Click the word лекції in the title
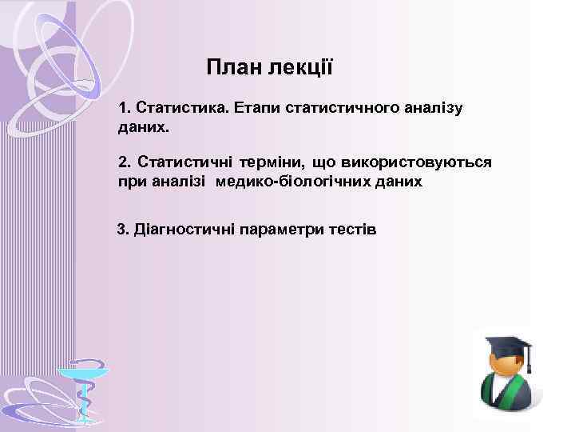point(301,67)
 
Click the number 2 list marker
point(123,162)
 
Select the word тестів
point(352,230)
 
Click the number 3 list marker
point(122,230)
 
